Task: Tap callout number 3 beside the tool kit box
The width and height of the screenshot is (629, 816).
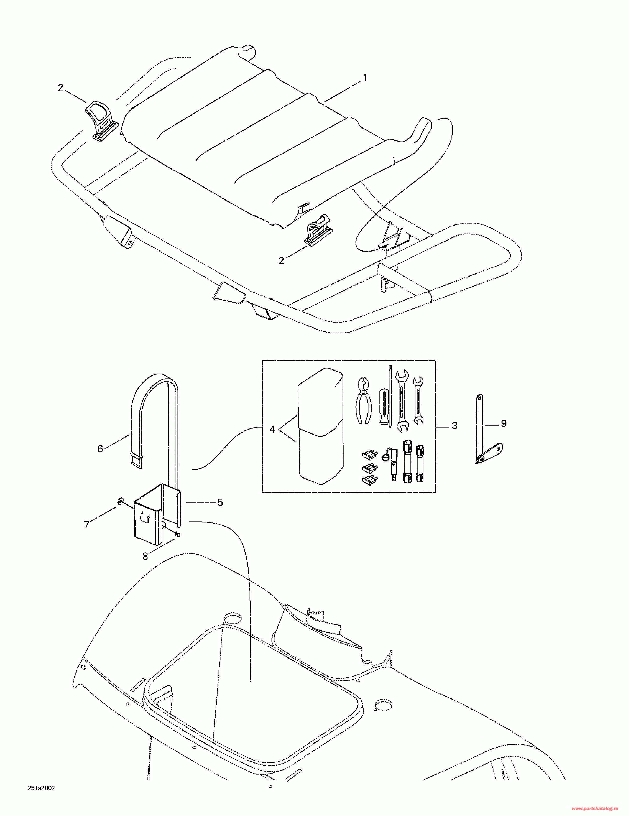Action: click(454, 426)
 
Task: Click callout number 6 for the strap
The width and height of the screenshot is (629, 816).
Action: click(100, 449)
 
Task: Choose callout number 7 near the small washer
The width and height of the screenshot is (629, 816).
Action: click(87, 525)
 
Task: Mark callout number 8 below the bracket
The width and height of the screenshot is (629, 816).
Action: click(145, 557)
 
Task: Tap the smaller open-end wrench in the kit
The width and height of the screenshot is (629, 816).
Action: click(418, 400)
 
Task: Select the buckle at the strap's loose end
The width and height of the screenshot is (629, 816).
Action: click(136, 460)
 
